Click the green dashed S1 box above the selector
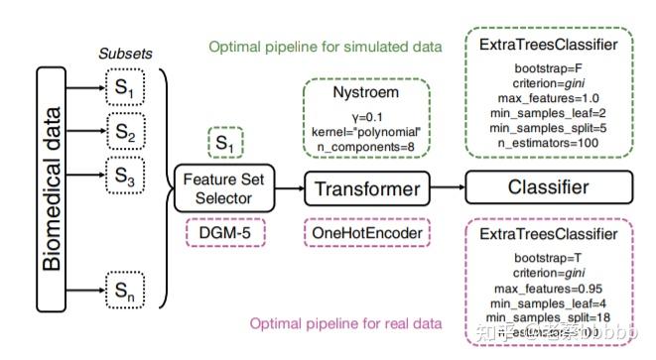[226, 146]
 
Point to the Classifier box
[549, 186]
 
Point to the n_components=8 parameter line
[364, 145]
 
